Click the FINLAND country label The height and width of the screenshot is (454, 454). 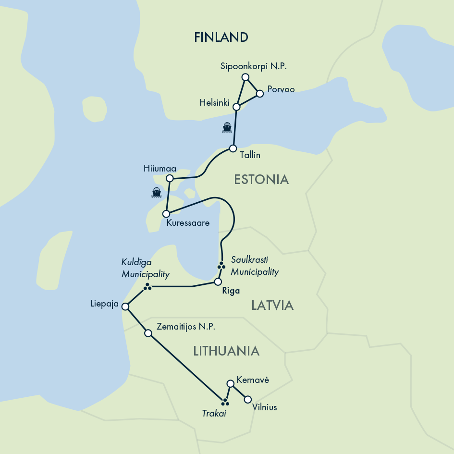pos(221,37)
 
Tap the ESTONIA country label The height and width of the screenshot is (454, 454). pos(261,180)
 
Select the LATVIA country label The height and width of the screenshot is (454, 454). pos(272,306)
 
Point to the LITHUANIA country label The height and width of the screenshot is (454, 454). pos(226,351)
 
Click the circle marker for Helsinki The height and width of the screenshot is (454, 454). pos(236,107)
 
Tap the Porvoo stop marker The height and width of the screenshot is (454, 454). pos(260,94)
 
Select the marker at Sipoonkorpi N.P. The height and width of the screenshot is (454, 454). pos(245,77)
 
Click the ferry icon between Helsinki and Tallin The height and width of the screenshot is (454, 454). pos(227,127)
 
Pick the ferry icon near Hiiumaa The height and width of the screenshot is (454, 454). pos(156,193)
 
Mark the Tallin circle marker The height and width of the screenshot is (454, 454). pos(233,148)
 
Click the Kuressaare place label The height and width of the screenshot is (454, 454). pos(188,223)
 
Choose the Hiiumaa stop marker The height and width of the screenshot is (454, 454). pos(169,178)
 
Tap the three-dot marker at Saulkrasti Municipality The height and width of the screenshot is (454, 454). pos(221,265)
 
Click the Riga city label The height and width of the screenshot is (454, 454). pos(231,291)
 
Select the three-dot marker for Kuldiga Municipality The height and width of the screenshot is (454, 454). pos(147,287)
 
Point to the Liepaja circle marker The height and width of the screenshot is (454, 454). pos(125,307)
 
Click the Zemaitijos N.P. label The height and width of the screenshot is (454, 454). pos(186,327)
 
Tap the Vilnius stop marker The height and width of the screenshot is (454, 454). pos(248,399)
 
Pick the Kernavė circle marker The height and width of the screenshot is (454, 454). pos(230,383)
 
